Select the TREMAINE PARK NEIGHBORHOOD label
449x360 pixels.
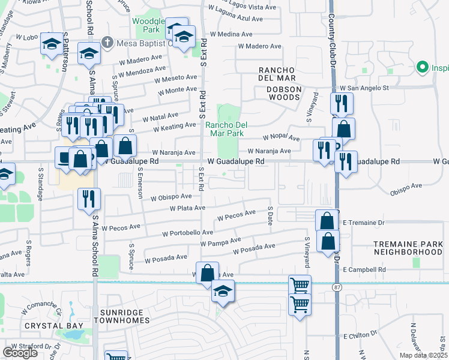pyautogui.click(x=408, y=248)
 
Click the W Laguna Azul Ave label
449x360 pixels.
pyautogui.click(x=236, y=19)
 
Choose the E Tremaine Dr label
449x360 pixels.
pyautogui.click(x=364, y=223)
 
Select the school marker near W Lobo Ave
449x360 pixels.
pyautogui.click(x=53, y=44)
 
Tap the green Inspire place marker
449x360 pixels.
pyautogui.click(x=422, y=67)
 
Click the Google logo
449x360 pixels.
pyautogui.click(x=20, y=353)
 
